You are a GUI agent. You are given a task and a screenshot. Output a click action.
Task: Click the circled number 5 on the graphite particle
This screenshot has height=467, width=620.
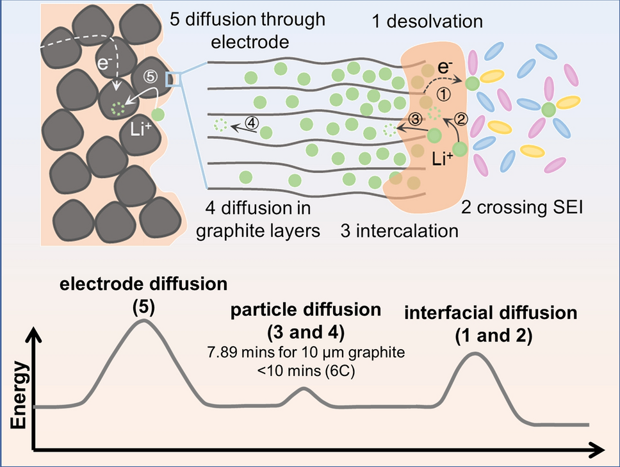[x=149, y=75]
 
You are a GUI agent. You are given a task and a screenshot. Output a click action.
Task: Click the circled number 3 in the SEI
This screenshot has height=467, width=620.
[x=415, y=119]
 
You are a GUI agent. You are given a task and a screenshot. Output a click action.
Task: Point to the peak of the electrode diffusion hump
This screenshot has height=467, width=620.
[x=142, y=320]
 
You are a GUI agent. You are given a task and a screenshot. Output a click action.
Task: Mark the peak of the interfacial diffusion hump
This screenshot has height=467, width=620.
[x=475, y=353]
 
